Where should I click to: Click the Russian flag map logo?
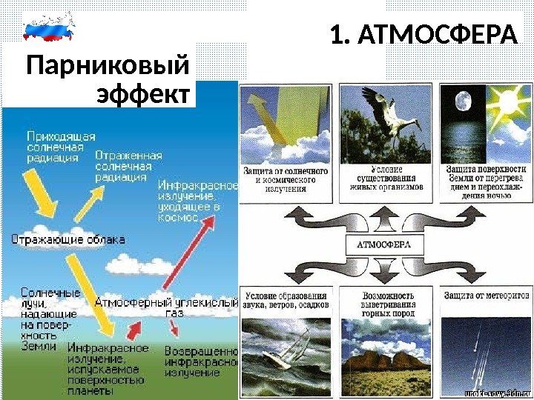point(50,28)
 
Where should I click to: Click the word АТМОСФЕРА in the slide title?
point(435,35)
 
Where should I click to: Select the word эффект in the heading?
point(143,96)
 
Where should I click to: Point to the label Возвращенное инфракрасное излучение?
point(200,361)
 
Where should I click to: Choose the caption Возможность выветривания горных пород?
point(385,301)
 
